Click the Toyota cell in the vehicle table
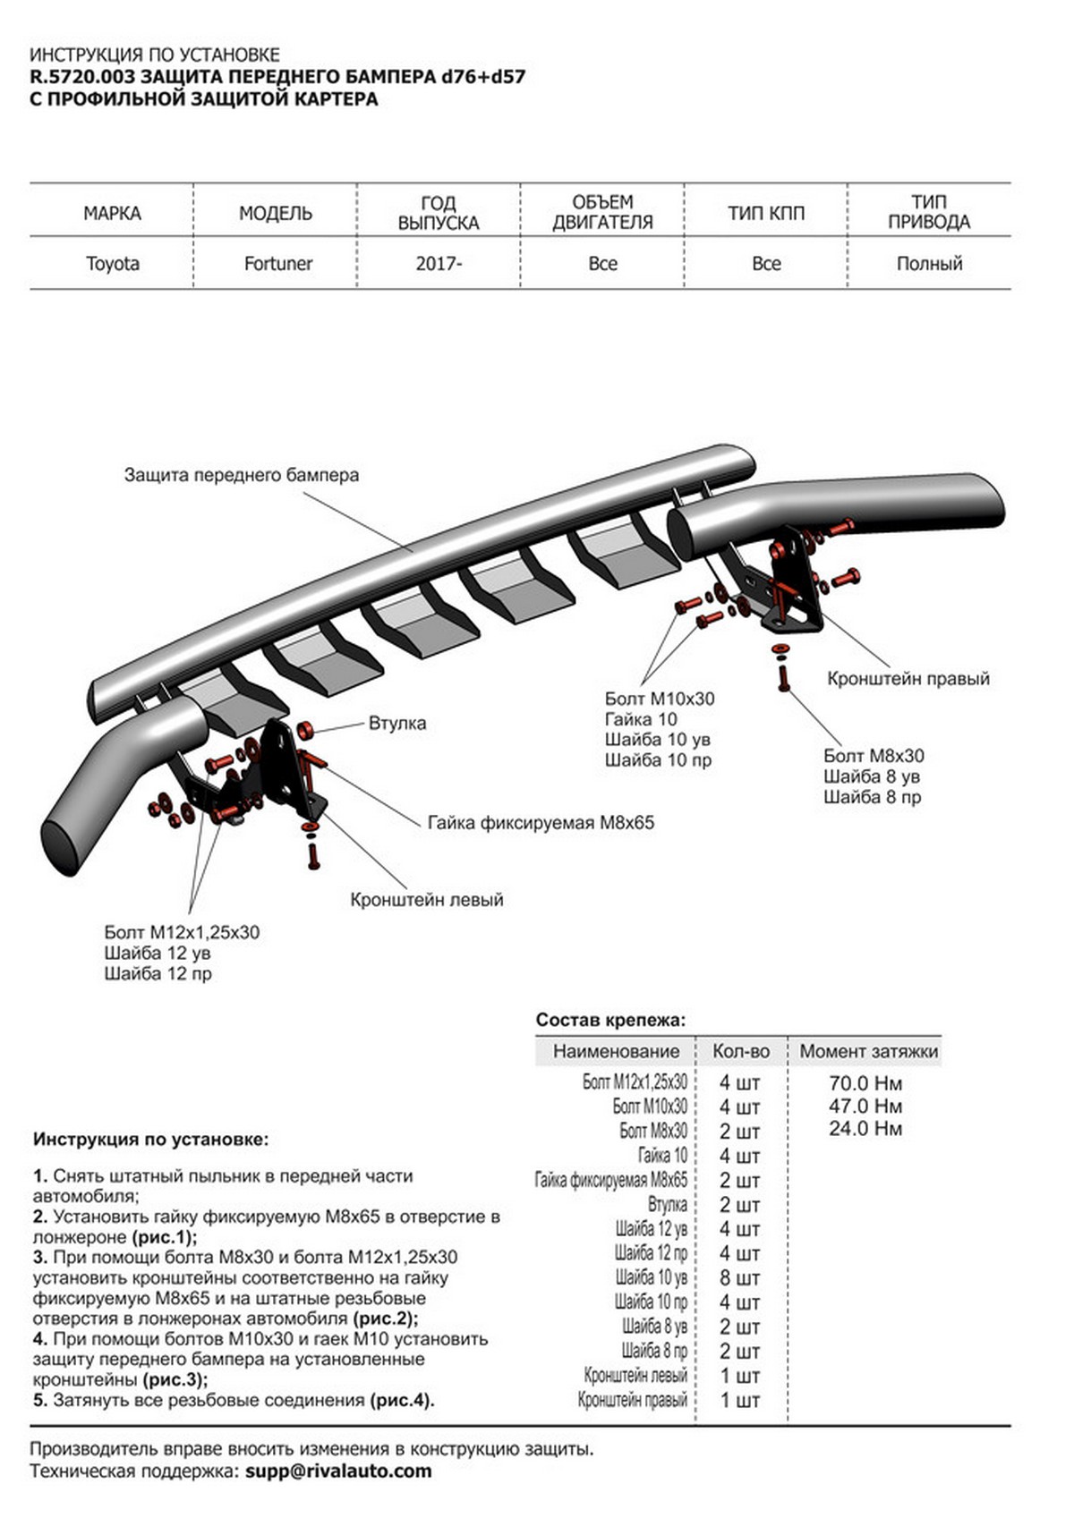point(112,264)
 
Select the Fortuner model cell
point(278,264)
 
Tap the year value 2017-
point(439,264)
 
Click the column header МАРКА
point(112,213)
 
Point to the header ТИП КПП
point(766,213)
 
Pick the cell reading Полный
point(929,264)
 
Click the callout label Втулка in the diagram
point(397,723)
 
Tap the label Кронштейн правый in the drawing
point(908,679)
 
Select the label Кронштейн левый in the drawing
point(427,900)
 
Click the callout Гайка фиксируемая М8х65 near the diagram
point(541,823)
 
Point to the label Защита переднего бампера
point(242,475)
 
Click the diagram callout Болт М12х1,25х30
point(182,932)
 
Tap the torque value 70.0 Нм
point(865,1083)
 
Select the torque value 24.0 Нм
point(865,1129)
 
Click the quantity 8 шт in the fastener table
point(739,1278)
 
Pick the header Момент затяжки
point(868,1051)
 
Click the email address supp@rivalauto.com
point(338,1471)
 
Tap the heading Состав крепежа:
point(610,1020)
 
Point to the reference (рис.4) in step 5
point(401,1400)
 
